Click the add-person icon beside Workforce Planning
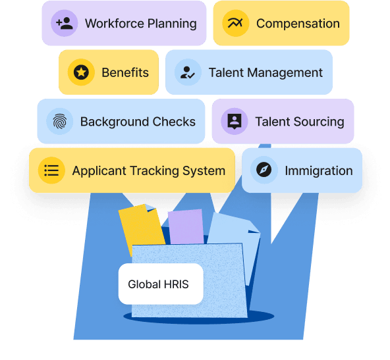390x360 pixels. point(65,23)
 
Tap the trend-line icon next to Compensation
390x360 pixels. point(235,23)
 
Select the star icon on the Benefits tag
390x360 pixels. point(81,72)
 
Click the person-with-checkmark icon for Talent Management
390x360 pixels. point(188,72)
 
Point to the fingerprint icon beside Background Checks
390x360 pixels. point(60,122)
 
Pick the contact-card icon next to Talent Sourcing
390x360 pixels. point(235,121)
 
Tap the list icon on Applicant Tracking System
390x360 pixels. point(51,170)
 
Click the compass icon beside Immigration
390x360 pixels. point(264,170)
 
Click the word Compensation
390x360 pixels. point(298,24)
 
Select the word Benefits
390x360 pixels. point(125,72)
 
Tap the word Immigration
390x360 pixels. point(319,171)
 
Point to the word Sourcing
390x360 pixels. point(319,122)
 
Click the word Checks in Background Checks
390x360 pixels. point(174,122)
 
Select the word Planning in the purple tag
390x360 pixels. point(172,24)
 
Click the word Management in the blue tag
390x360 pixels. point(285,73)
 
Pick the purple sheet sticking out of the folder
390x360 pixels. point(186,227)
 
